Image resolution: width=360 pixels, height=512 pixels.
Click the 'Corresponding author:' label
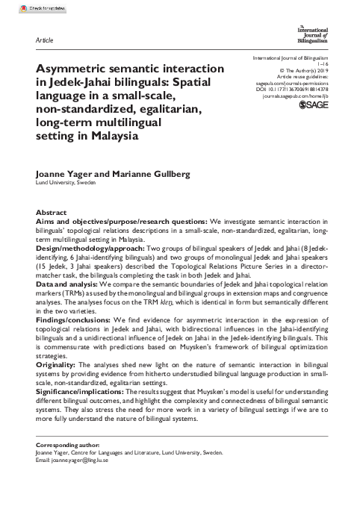[x=65, y=445]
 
